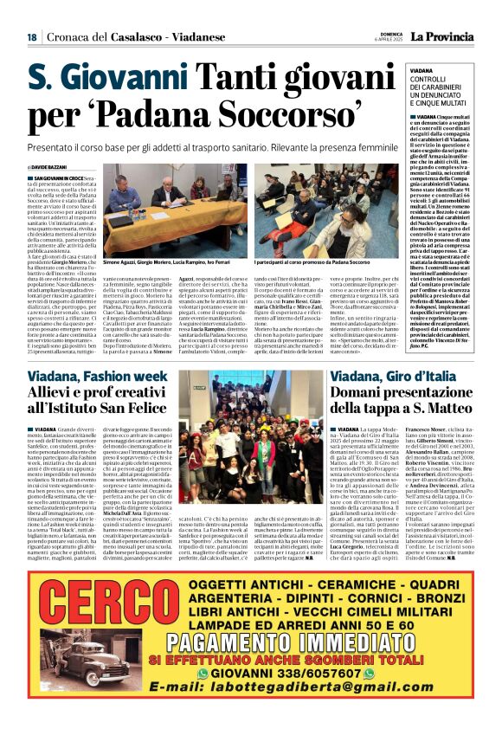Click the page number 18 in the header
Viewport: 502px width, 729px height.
point(32,36)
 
